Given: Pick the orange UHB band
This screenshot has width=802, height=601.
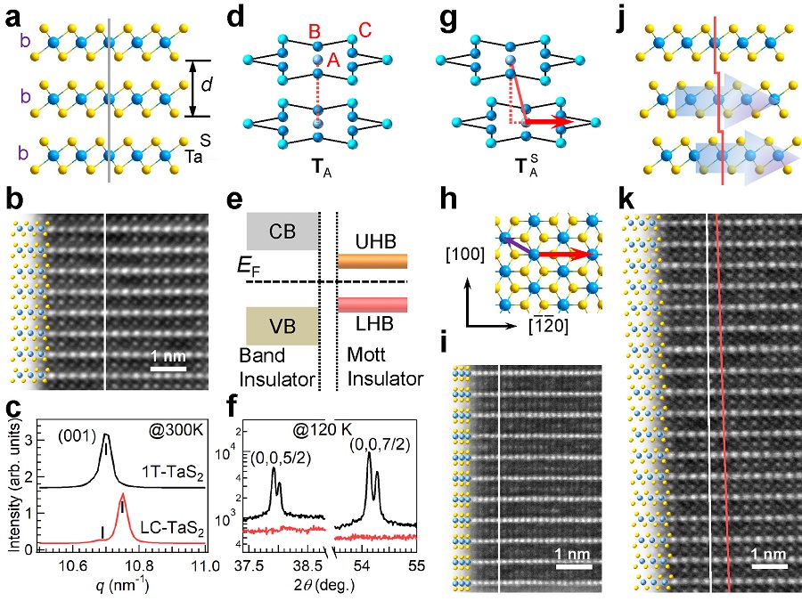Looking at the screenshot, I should click(x=372, y=261).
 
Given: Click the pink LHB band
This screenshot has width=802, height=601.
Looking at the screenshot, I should click(x=372, y=305).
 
